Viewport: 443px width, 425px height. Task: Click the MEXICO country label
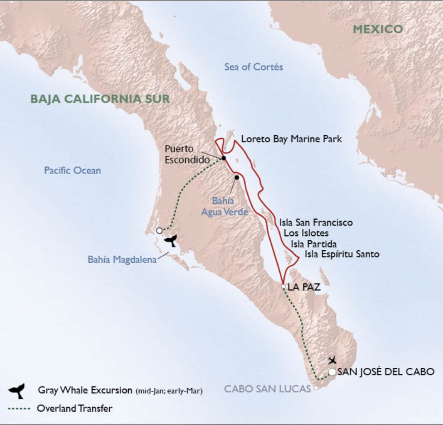378,29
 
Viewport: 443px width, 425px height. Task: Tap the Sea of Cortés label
253,67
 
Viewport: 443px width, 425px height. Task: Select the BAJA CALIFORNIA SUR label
100,99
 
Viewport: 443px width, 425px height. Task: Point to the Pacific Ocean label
72,170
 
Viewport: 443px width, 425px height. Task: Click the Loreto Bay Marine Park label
291,139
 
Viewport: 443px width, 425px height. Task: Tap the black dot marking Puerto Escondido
224,158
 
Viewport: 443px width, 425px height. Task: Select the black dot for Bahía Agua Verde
236,178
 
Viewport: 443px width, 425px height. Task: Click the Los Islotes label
306,233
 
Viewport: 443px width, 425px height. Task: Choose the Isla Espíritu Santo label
342,254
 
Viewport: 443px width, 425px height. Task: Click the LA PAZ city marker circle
283,286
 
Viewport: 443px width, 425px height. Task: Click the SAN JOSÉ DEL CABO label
386,372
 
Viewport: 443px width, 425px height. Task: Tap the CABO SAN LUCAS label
267,389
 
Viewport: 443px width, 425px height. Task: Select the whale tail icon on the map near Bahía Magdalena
170,239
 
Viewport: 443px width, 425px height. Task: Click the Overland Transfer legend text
74,408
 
